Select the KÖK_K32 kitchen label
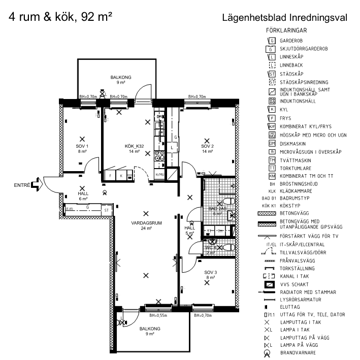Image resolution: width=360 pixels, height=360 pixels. (x=135, y=146)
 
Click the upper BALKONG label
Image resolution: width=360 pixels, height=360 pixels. (x=121, y=77)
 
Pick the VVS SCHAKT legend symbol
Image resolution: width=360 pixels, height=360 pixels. (x=270, y=283)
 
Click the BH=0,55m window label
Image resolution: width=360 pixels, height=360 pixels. (x=158, y=315)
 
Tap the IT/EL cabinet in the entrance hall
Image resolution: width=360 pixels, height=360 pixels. (x=70, y=209)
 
